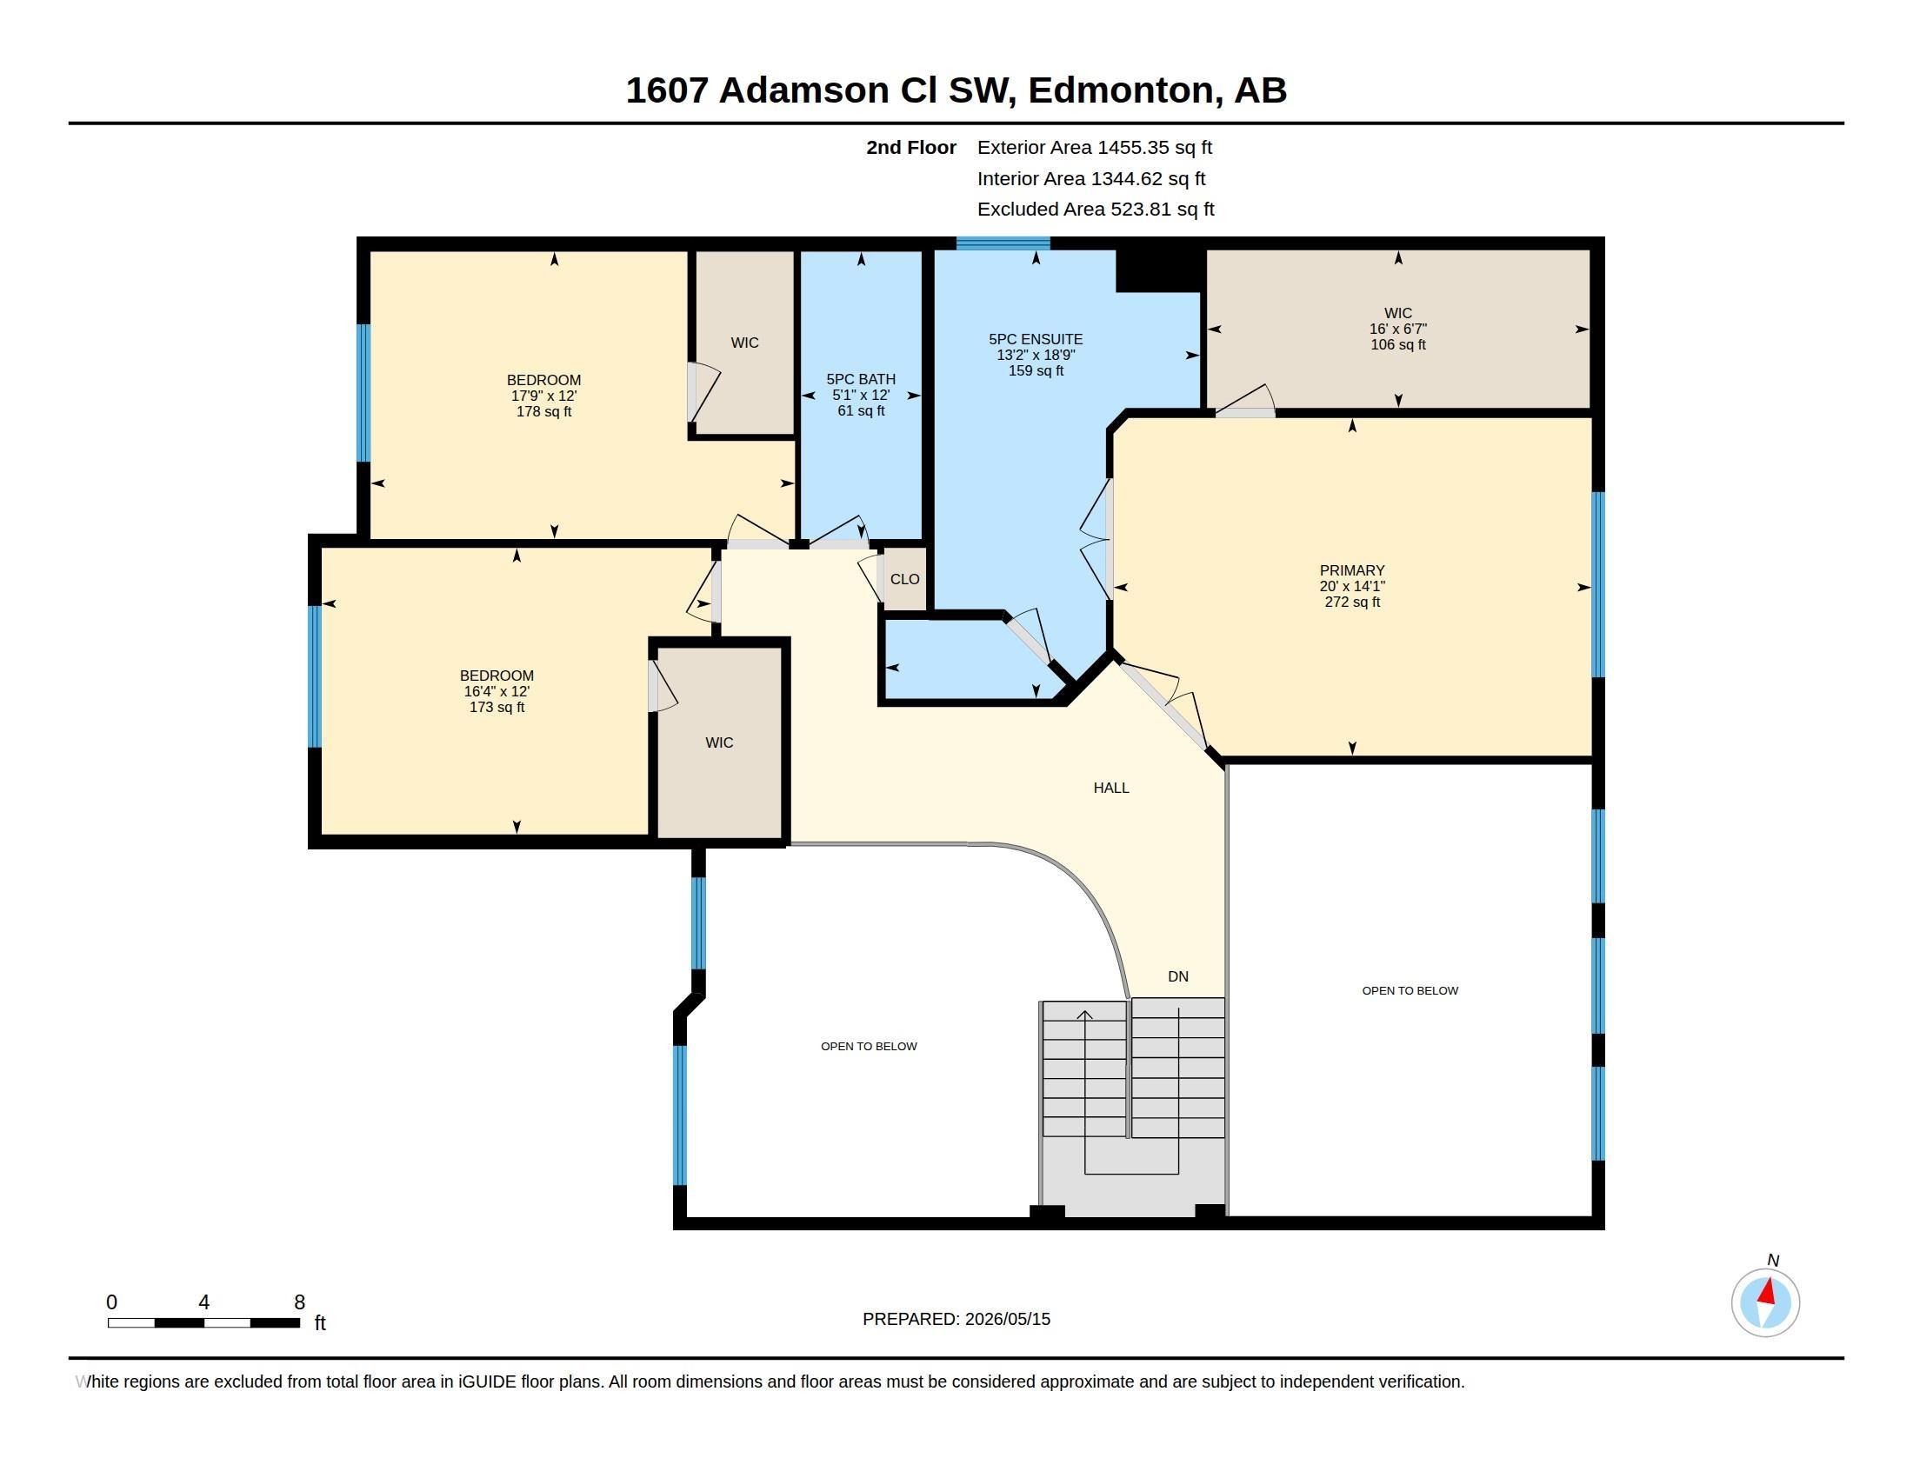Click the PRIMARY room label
(1351, 570)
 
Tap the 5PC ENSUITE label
(1036, 339)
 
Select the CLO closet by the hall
(905, 579)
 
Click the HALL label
(1110, 788)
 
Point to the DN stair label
(1178, 976)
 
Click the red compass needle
(1768, 1291)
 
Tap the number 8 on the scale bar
(300, 1302)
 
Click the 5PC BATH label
(861, 379)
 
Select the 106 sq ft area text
(1398, 345)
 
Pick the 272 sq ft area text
(1351, 603)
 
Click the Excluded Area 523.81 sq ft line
(1096, 210)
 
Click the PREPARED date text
(956, 1319)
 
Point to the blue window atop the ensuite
(1003, 243)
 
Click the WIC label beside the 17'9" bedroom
(744, 343)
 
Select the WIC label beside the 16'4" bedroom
(719, 742)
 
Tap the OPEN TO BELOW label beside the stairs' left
(869, 1046)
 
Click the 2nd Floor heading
(911, 147)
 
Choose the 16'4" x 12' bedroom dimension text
(497, 691)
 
